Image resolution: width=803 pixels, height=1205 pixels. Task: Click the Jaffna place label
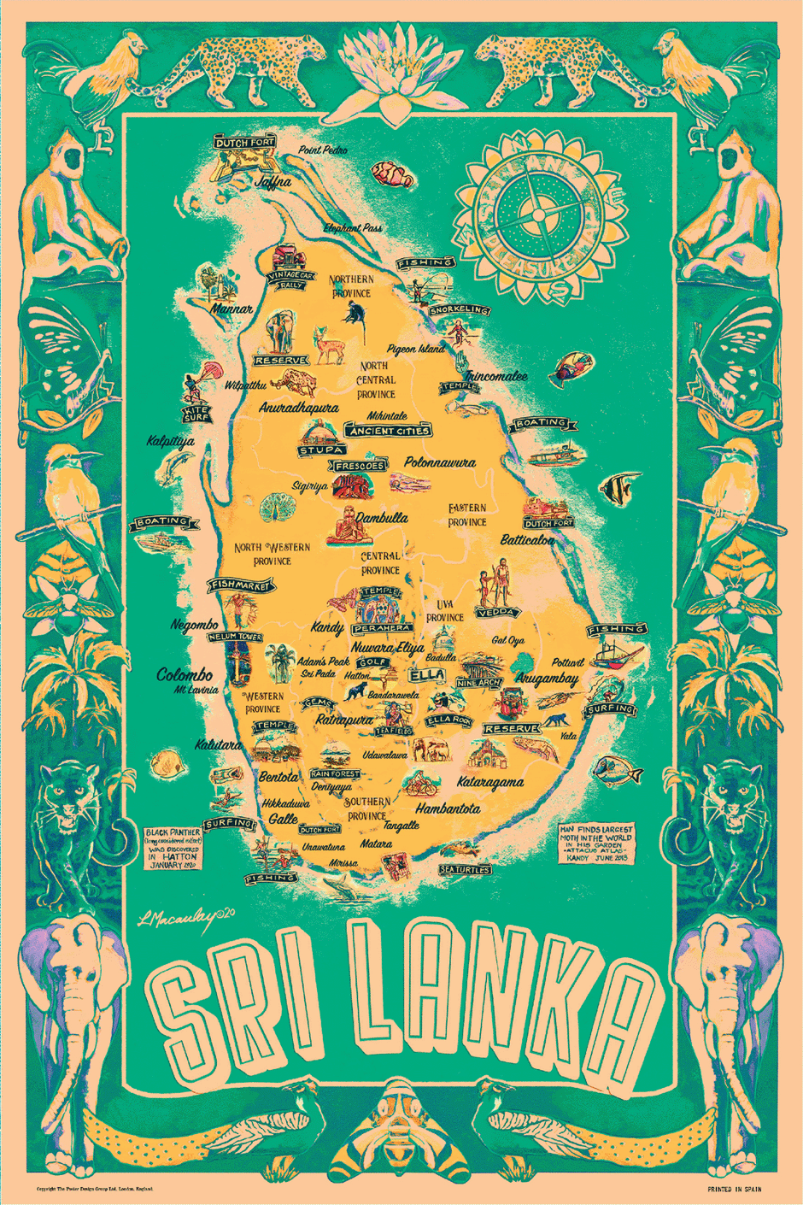pos(273,181)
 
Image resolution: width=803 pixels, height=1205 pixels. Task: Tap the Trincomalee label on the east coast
pos(495,375)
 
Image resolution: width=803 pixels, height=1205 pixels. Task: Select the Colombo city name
pos(185,674)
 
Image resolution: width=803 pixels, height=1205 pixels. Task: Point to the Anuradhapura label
pos(298,408)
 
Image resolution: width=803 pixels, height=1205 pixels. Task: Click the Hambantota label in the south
pos(448,808)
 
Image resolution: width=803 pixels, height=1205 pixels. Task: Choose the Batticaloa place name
pos(527,540)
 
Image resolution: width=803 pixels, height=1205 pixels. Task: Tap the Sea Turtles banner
pos(466,869)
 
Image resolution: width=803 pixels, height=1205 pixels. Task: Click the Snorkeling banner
pos(460,309)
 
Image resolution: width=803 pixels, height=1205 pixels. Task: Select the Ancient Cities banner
pos(388,430)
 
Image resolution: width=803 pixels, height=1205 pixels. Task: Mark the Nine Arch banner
pos(478,683)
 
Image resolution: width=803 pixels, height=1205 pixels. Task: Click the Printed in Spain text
pos(734,1189)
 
